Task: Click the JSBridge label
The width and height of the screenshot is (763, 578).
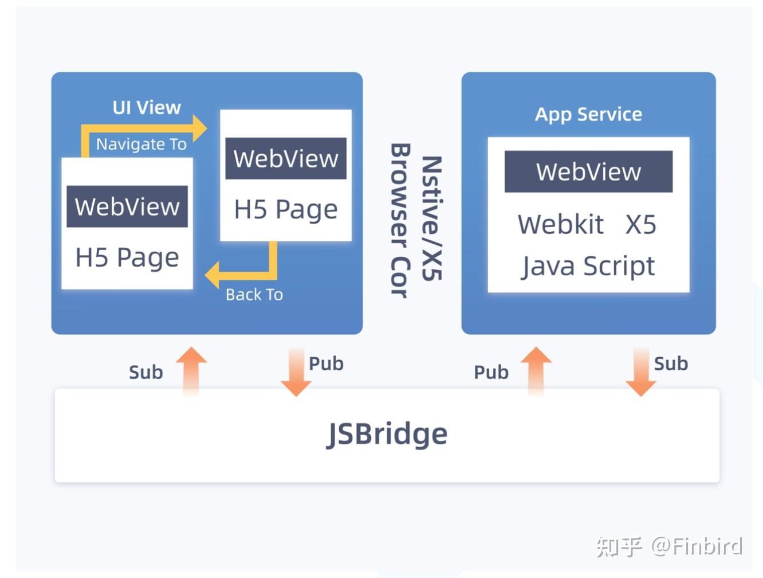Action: point(387,434)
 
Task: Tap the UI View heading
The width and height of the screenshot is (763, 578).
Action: point(147,107)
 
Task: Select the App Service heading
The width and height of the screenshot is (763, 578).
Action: point(588,114)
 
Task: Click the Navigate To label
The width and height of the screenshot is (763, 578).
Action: point(141,144)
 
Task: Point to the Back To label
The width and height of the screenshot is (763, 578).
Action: point(254,294)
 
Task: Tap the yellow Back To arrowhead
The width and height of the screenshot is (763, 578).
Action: point(213,274)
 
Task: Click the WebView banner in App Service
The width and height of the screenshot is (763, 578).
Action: point(588,171)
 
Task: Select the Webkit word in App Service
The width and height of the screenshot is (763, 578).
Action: point(560,224)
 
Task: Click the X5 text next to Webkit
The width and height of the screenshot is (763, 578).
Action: point(640,224)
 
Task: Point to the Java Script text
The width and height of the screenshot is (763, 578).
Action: point(588,266)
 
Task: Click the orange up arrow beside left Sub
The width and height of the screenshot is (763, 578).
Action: point(191,370)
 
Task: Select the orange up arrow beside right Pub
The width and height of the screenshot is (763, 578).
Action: point(536,370)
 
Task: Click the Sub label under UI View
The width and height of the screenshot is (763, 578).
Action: point(145,372)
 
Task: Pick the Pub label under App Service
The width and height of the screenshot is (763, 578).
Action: point(491,372)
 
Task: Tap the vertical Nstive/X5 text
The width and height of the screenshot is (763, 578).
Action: point(431,218)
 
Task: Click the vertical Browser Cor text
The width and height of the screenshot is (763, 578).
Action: point(400,221)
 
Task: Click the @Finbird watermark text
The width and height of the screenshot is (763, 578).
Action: point(697,546)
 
